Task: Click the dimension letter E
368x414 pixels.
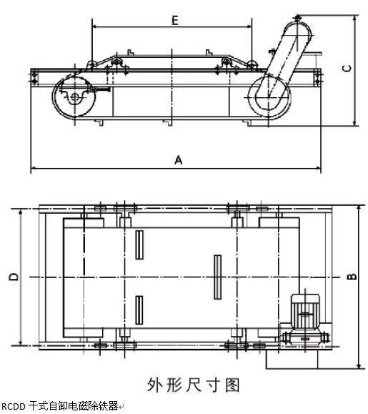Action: tap(175, 20)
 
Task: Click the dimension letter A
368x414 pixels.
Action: tap(179, 160)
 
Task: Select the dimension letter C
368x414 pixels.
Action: tap(347, 69)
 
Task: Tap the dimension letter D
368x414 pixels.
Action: tap(14, 277)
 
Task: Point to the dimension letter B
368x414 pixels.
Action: tap(352, 277)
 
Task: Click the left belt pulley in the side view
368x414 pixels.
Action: tap(74, 97)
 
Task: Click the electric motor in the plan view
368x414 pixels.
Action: tap(305, 312)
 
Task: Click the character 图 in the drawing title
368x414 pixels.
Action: tap(232, 385)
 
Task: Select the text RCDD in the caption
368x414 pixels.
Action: tap(13, 407)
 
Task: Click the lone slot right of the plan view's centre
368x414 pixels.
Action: tap(218, 277)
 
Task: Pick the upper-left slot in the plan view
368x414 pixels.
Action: tap(139, 245)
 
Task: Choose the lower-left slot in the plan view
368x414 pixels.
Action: tap(139, 310)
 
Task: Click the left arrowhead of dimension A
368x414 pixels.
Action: tap(34, 168)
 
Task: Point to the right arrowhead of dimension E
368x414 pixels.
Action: tap(249, 26)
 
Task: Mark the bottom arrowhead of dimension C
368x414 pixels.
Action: tap(355, 123)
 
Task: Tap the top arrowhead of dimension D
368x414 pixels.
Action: tap(20, 212)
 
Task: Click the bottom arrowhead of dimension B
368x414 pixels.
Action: tap(359, 365)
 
